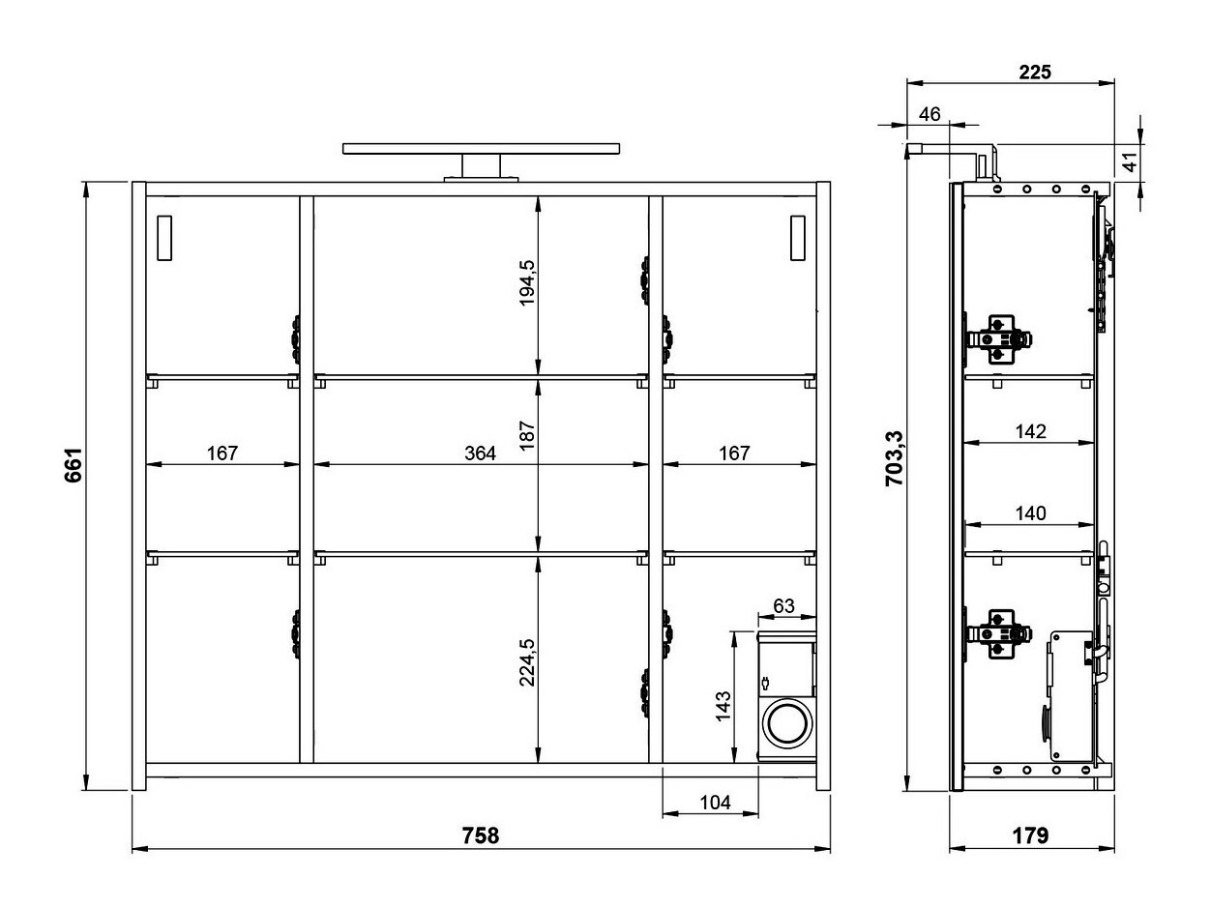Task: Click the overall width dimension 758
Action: (x=480, y=835)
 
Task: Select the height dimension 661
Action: (x=74, y=466)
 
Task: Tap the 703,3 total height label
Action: (x=896, y=456)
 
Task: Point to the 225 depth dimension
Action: (x=1034, y=71)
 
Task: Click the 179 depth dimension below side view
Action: (x=1031, y=835)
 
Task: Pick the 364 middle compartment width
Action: (x=480, y=453)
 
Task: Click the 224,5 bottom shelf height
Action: (x=526, y=661)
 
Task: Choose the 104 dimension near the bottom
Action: (x=714, y=802)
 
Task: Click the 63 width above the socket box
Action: (x=783, y=606)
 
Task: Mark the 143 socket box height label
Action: (x=723, y=706)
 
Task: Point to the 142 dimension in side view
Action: (x=1031, y=431)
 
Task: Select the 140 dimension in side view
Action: (x=1031, y=513)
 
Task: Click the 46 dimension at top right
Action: (x=929, y=113)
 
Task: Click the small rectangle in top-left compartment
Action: (x=162, y=237)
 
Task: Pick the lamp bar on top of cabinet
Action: (x=481, y=149)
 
